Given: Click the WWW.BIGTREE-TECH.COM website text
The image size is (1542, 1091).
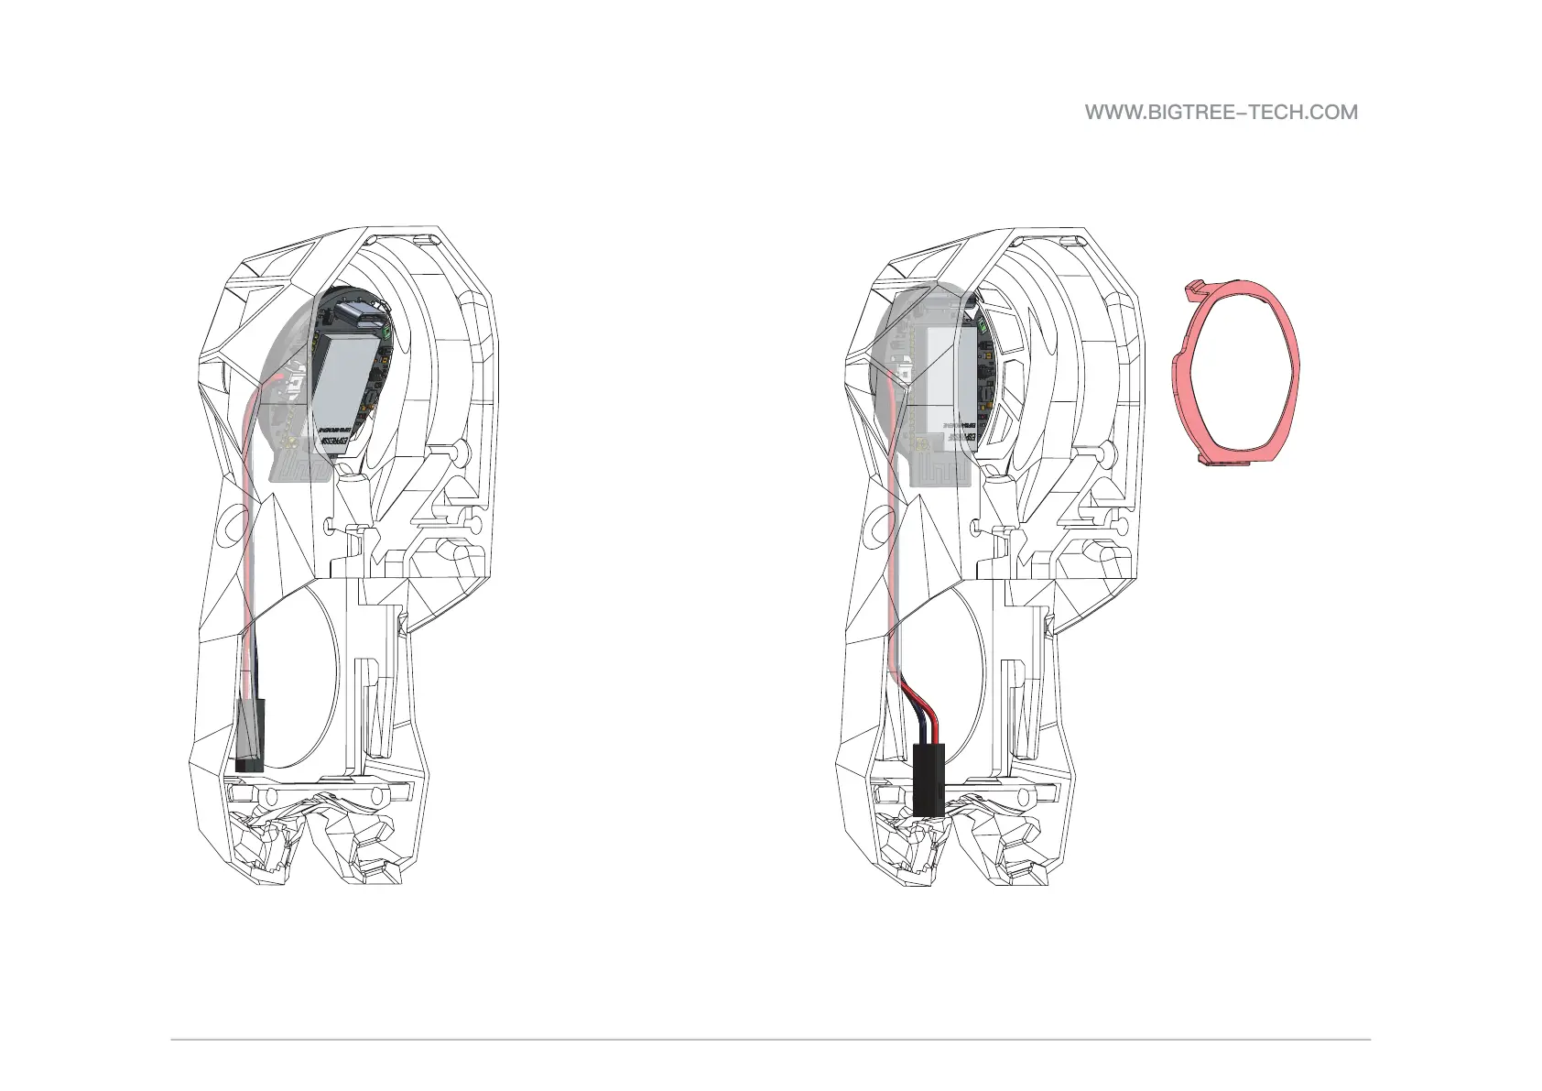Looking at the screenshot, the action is [x=1221, y=113].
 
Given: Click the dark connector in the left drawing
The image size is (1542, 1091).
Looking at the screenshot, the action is [x=248, y=734].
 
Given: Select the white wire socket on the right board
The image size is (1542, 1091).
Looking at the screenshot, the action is [x=902, y=374].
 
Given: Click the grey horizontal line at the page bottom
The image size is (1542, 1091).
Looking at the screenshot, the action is [x=770, y=1039].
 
